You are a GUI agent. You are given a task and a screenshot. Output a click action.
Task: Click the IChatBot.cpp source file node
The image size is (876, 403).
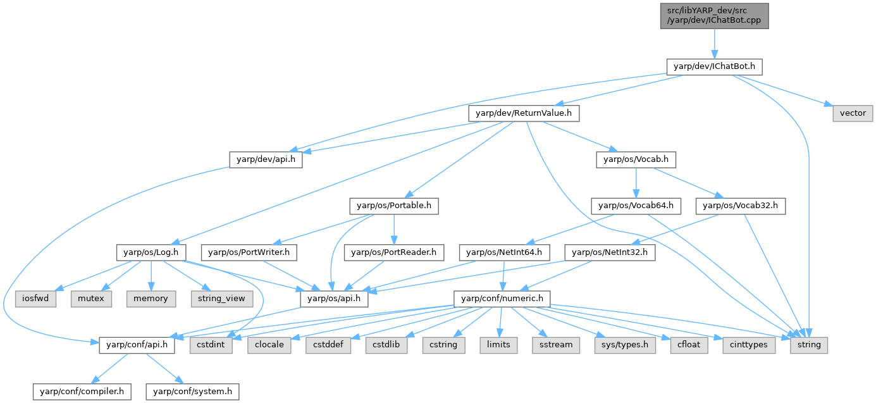click(714, 16)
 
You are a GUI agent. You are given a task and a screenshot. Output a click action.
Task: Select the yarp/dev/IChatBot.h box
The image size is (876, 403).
click(714, 66)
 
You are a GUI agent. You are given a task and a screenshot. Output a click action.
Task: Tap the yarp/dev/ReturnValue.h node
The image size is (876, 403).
click(523, 113)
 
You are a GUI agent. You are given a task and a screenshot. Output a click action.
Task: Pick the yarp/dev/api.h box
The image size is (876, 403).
click(266, 160)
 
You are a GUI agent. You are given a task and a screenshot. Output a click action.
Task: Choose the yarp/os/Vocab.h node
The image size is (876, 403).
click(634, 160)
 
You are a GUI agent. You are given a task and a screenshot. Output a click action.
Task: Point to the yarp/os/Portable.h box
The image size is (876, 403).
click(394, 206)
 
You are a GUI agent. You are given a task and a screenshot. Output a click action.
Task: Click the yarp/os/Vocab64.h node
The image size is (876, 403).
click(636, 206)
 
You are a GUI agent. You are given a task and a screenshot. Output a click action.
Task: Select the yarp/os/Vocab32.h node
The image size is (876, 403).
click(741, 206)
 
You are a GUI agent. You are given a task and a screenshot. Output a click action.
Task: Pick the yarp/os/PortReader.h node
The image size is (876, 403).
click(394, 252)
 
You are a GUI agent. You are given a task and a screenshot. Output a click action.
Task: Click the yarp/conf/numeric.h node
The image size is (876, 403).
click(502, 298)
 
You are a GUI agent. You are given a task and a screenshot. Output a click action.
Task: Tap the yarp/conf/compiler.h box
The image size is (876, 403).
click(82, 392)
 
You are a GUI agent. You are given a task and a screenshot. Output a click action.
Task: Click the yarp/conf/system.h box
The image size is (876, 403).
click(192, 392)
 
